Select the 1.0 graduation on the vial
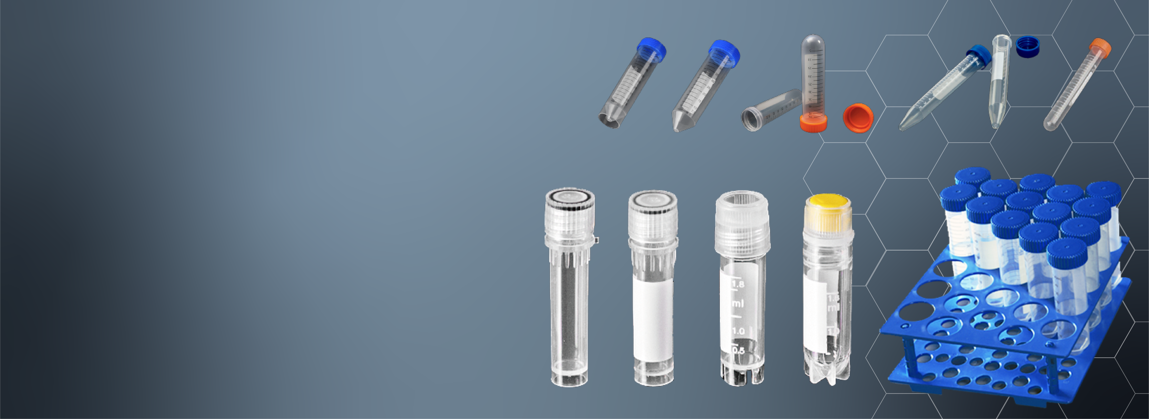tap(738, 331)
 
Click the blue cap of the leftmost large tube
tap(652, 49)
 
